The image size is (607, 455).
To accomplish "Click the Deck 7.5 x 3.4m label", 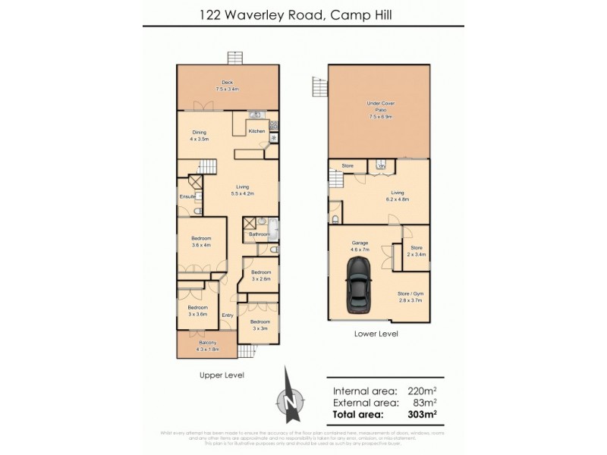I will [227, 86].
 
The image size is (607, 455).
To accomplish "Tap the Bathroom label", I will [260, 234].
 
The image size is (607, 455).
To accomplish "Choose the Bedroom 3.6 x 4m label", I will [201, 241].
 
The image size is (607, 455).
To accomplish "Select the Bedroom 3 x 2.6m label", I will [261, 275].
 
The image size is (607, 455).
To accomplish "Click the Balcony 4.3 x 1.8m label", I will [206, 347].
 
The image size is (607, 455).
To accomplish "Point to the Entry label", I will [227, 315].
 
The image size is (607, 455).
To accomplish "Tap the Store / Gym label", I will [410, 297].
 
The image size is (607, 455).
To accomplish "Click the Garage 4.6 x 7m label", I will [360, 246].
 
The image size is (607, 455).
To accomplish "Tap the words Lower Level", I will [376, 334].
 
